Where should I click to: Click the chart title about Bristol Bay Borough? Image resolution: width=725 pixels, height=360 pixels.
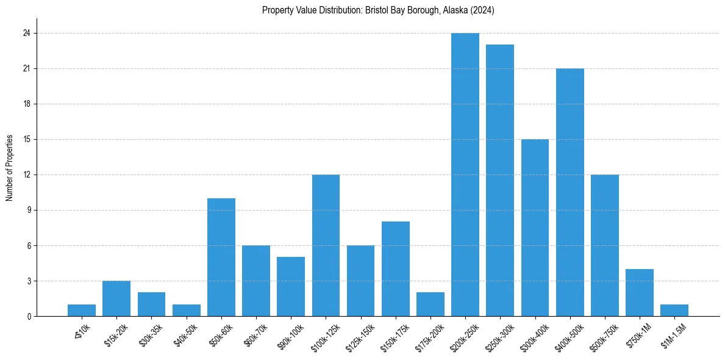tap(378, 10)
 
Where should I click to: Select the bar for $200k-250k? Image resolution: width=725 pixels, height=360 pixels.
tap(465, 175)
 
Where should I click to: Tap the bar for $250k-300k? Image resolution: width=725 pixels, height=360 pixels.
tap(500, 180)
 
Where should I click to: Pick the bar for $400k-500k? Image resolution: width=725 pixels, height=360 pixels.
tap(570, 192)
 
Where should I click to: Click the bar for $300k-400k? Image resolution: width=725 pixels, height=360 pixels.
tap(535, 228)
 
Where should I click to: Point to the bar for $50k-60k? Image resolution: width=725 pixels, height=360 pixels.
tap(221, 257)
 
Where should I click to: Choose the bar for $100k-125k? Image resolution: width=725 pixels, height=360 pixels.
tap(326, 245)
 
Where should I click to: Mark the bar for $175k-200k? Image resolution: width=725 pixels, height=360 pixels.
tap(430, 304)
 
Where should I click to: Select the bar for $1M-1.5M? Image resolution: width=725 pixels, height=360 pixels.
tap(674, 310)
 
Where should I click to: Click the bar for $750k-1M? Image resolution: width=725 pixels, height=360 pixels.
tap(640, 292)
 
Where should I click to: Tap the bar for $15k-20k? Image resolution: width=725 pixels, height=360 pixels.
tap(116, 298)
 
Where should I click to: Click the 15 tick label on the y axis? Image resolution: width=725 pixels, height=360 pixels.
tap(26, 140)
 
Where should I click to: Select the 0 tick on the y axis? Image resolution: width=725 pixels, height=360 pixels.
tap(28, 317)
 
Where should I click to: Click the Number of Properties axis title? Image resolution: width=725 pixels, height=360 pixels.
tap(10, 168)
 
